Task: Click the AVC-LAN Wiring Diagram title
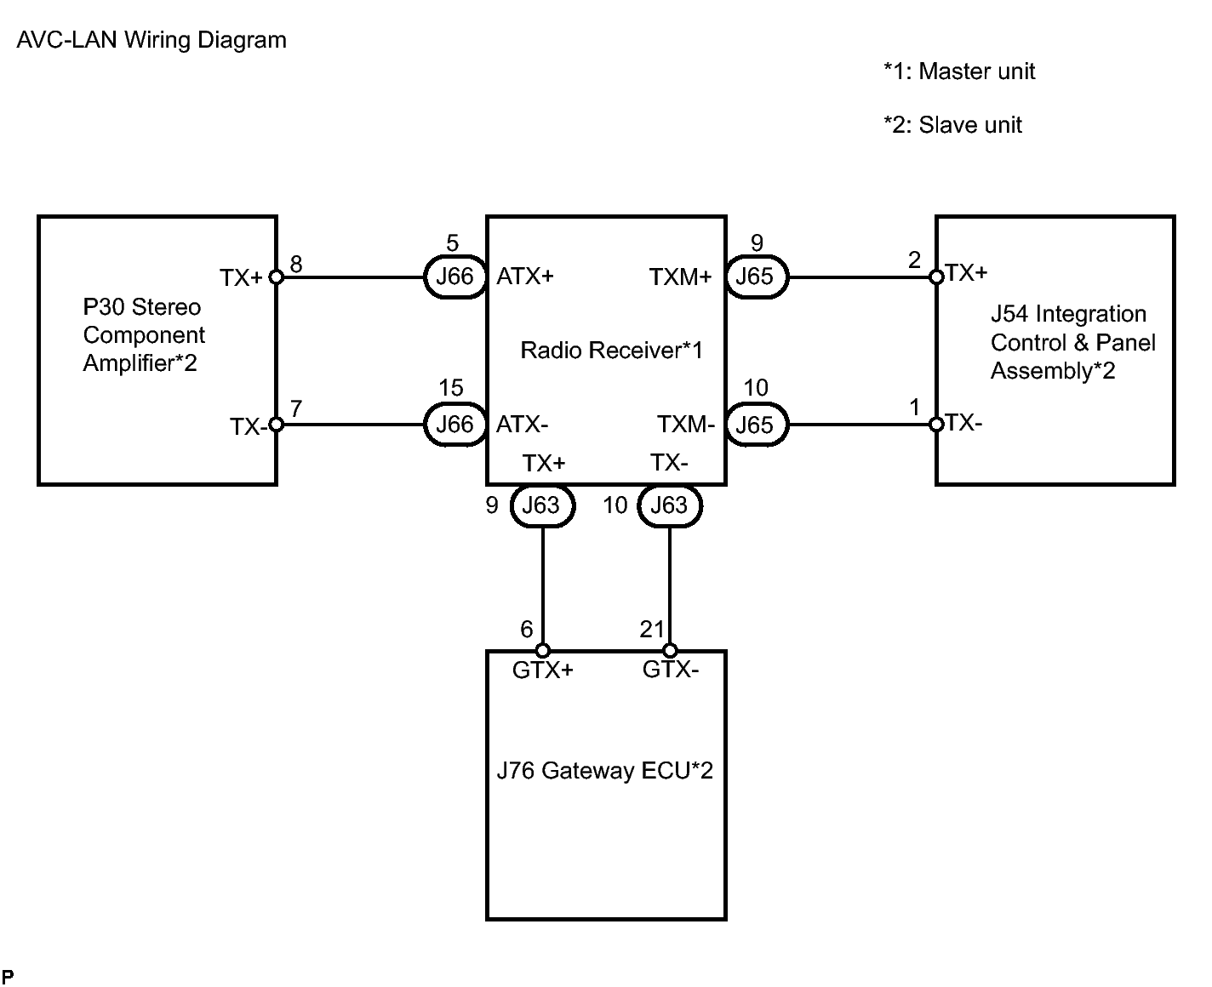tap(151, 40)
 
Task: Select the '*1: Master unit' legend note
tap(959, 71)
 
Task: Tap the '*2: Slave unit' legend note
tap(952, 125)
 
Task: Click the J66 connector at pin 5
tap(454, 277)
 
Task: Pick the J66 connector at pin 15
tap(454, 424)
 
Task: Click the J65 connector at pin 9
tap(755, 277)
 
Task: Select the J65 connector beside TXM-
tap(755, 424)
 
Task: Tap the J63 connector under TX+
tap(541, 505)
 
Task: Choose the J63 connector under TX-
tap(669, 505)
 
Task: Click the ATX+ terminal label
tap(525, 277)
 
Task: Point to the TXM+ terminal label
tap(680, 277)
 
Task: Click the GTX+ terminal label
tap(543, 670)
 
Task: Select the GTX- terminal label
tap(671, 670)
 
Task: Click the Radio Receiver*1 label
tap(612, 350)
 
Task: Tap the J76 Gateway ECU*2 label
tap(604, 771)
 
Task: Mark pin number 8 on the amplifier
tap(296, 265)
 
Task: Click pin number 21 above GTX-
tap(651, 630)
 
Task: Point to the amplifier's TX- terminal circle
tap(276, 424)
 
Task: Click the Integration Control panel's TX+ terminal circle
tap(936, 277)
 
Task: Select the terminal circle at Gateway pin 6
tap(543, 651)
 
